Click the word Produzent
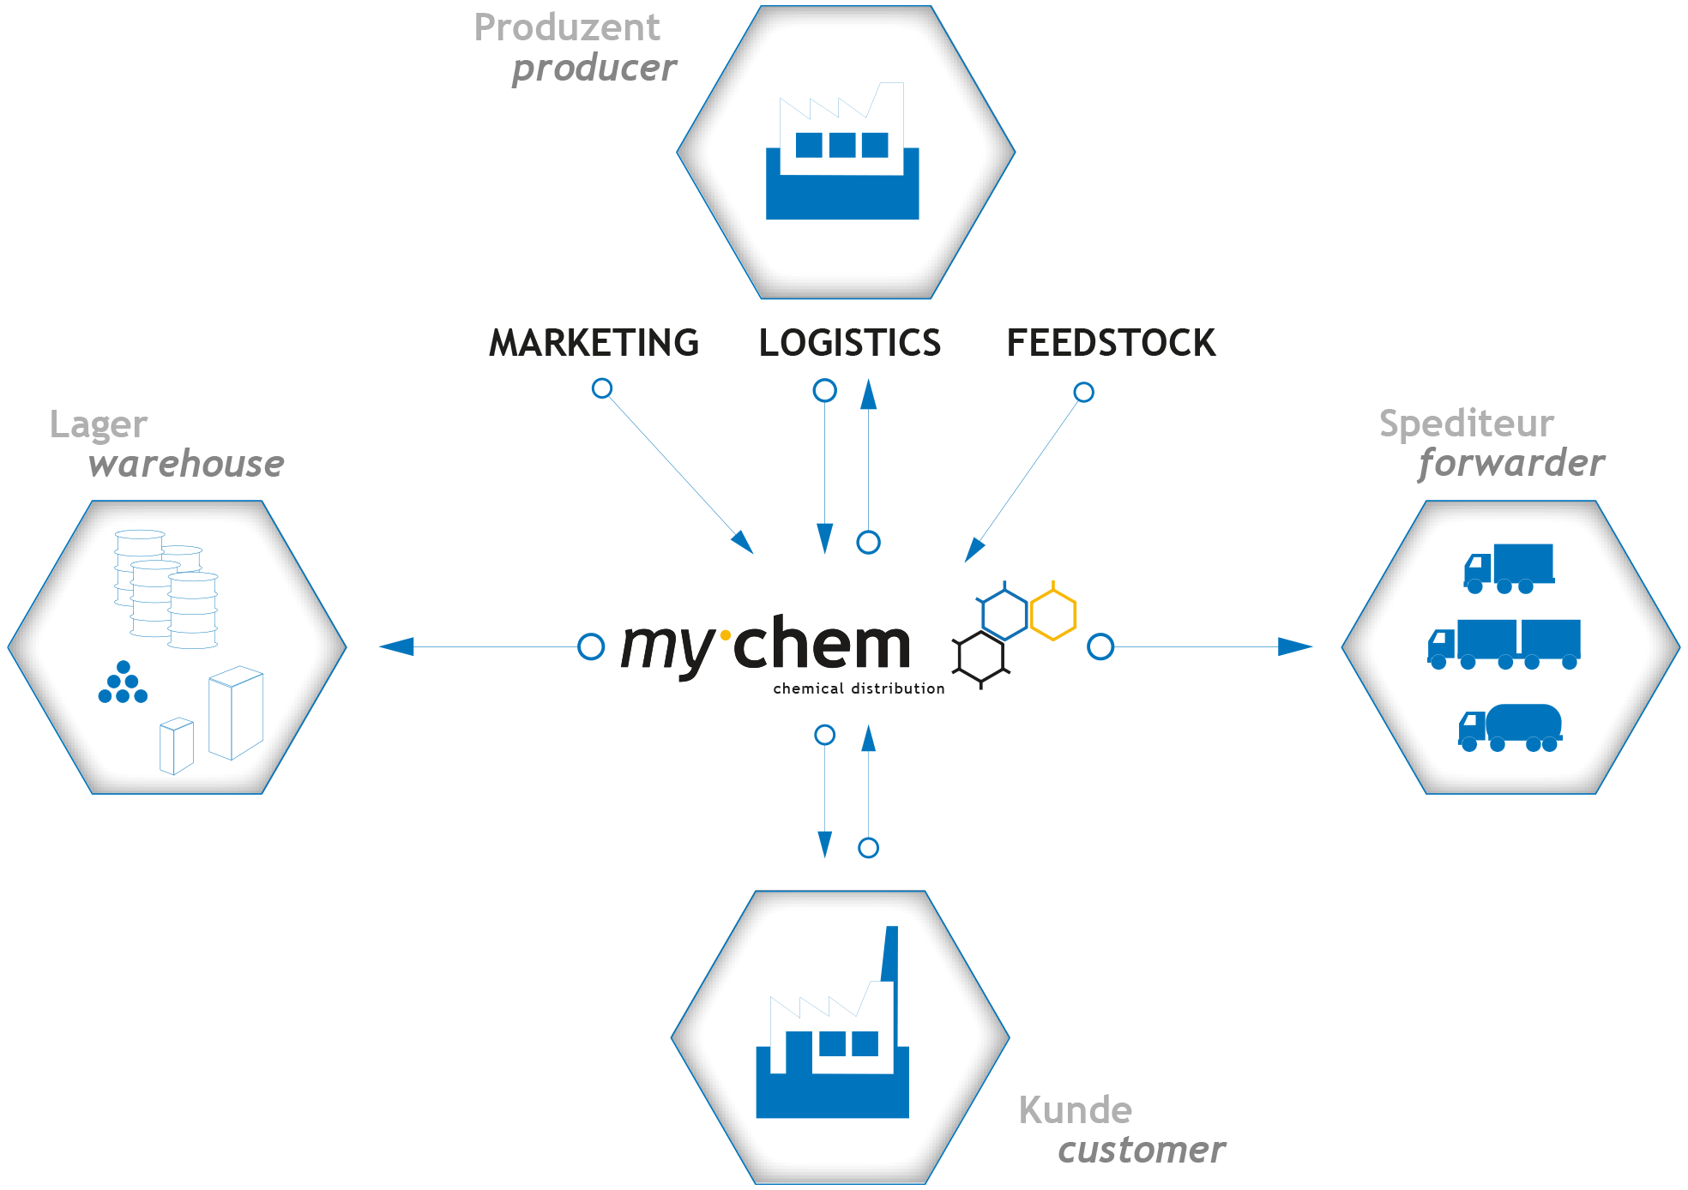[567, 28]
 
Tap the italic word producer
[594, 69]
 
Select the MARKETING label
[594, 343]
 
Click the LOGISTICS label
[849, 343]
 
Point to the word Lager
[99, 425]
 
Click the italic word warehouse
[186, 464]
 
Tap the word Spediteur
[1466, 424]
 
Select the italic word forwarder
[1510, 463]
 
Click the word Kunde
[1075, 1110]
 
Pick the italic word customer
[1141, 1150]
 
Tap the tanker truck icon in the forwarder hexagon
[1510, 728]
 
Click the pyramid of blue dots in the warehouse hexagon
[123, 683]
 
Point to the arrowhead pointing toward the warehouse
[396, 646]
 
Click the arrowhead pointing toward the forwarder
[1296, 646]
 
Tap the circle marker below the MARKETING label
[602, 388]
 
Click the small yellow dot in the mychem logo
[726, 635]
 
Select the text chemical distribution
[859, 688]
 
